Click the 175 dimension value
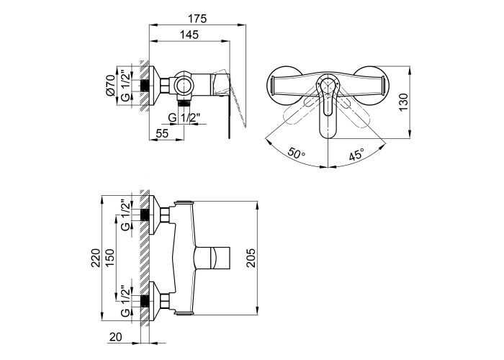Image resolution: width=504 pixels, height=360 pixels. pyautogui.click(x=197, y=19)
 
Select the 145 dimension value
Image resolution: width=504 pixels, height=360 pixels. pyautogui.click(x=189, y=35)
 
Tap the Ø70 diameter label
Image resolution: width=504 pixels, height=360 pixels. pyautogui.click(x=110, y=85)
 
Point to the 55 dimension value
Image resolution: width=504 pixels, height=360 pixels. pyautogui.click(x=162, y=133)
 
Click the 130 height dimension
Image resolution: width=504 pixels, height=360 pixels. pyautogui.click(x=403, y=102)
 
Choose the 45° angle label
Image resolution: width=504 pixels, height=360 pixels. pyautogui.click(x=357, y=154)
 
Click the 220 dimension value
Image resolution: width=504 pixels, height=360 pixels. pyautogui.click(x=96, y=258)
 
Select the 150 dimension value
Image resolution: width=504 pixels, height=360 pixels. pyautogui.click(x=109, y=258)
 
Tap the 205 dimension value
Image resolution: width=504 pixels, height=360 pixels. pyautogui.click(x=251, y=258)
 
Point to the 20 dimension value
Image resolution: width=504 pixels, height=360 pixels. pyautogui.click(x=116, y=337)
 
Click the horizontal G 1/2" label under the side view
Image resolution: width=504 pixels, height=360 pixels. pyautogui.click(x=184, y=117)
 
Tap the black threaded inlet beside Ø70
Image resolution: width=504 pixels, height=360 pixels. pyautogui.click(x=145, y=85)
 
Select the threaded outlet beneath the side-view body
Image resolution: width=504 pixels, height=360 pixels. pyautogui.click(x=184, y=104)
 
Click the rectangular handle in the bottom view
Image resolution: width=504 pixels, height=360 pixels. pyautogui.click(x=213, y=258)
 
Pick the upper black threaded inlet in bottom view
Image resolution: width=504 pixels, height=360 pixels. pyautogui.click(x=145, y=215)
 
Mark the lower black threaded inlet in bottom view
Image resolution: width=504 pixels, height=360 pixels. pyautogui.click(x=145, y=301)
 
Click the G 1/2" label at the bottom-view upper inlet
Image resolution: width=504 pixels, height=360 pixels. pyautogui.click(x=126, y=215)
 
